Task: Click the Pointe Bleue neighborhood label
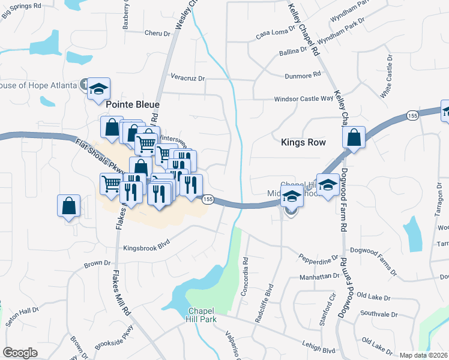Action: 131,104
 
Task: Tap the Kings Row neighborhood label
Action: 303,142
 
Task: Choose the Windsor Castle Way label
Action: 303,99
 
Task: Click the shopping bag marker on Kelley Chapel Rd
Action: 354,137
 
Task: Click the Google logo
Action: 20,353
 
